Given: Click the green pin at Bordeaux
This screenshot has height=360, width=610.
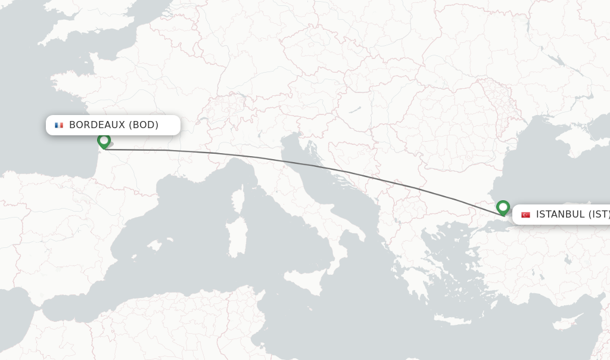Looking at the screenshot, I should pos(104,141).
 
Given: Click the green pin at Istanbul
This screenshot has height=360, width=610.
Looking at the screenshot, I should pos(503,207).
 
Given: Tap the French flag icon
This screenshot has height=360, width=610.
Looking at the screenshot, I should pos(59,125).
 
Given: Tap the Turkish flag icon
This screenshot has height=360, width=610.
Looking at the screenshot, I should pos(525,215).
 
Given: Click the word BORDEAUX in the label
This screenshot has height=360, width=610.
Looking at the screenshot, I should pos(97,125).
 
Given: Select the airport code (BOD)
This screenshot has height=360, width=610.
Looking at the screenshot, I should pos(144,125).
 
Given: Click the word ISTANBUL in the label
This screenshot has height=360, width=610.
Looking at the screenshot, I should pos(560,215).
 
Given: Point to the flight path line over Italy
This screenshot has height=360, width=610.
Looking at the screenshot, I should pos(262,158).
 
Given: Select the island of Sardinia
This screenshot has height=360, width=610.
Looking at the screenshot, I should pos(237,235).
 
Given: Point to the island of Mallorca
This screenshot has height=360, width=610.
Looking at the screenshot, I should pos(154,246).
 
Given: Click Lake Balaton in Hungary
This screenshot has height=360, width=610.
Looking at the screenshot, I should pos(355,111).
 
